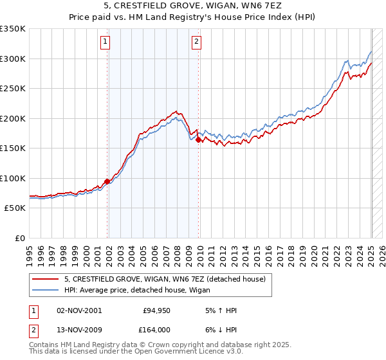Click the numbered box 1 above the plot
click(105, 43)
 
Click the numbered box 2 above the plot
click(196, 43)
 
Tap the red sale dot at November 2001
click(107, 181)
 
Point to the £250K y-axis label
click(13, 89)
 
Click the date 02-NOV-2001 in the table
click(79, 310)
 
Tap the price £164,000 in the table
click(156, 330)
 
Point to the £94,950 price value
click(156, 310)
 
